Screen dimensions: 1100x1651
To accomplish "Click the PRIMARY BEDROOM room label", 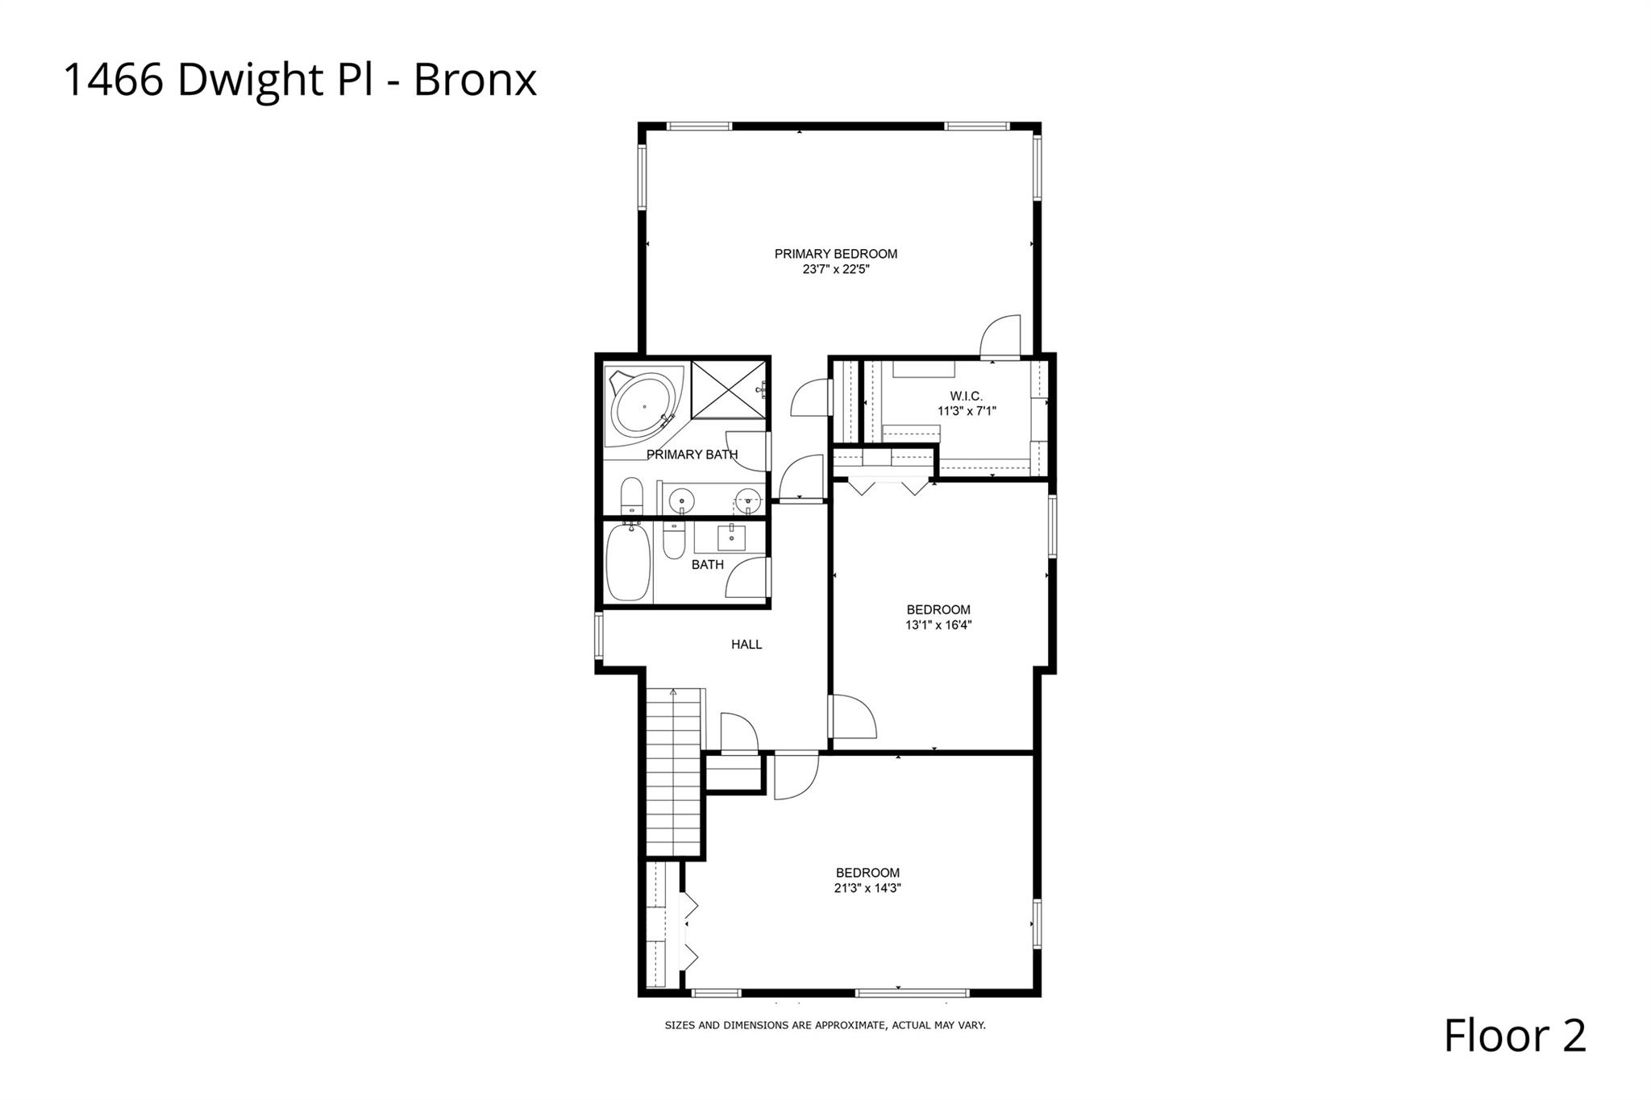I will [835, 254].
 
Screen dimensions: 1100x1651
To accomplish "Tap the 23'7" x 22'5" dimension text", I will [835, 270].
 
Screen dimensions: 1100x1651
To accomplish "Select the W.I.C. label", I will [966, 396].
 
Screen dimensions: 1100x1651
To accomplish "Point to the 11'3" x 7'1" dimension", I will [966, 411].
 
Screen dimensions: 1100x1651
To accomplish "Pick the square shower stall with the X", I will [728, 390].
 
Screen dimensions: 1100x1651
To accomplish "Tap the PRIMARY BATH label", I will [692, 455].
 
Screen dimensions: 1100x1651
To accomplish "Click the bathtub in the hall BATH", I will [628, 562].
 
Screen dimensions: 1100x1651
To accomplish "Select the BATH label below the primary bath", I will [707, 565].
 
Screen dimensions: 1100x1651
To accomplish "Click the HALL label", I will [746, 645].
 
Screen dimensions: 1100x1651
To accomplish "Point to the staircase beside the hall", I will [675, 774].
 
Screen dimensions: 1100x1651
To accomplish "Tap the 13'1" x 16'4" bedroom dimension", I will [938, 625].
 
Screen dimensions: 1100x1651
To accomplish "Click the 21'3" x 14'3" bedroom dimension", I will [867, 888].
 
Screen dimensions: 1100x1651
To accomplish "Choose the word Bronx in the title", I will [475, 81].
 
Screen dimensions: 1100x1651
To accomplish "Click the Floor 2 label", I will [1514, 1036].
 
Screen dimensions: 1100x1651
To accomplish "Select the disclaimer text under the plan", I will [825, 1026].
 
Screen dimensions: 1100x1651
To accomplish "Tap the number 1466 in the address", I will [113, 81].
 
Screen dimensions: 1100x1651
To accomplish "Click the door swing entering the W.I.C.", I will [1000, 337].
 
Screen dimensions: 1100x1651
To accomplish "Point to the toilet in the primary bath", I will [631, 495].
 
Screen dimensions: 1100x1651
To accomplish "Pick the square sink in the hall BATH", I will [731, 536].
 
